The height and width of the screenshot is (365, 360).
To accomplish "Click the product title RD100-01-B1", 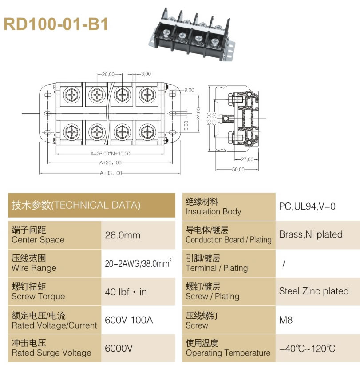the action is coord(56,24).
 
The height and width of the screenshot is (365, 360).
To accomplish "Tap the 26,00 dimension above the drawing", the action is coord(108,74).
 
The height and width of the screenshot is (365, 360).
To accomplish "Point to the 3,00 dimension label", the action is coord(146,74).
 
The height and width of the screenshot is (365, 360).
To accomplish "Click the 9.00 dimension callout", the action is coord(189,90).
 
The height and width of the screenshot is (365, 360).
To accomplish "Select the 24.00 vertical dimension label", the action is coord(198,114).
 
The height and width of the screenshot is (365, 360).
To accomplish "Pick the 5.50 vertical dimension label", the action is coord(186,126).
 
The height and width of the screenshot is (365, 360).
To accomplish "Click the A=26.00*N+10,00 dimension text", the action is coord(110,154).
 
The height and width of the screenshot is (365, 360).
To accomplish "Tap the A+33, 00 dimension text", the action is coord(111,173).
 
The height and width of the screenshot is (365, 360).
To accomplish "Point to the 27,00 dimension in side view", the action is coord(247,159).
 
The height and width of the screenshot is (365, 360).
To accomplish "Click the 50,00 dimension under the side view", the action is coord(238,169).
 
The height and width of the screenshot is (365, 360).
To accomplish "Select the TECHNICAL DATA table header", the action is coord(76,205).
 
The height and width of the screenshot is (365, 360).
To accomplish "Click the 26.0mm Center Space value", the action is coord(123,235).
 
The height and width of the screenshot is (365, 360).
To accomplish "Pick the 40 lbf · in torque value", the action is coord(126,292).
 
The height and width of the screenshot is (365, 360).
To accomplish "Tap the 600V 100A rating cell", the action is coord(129,320).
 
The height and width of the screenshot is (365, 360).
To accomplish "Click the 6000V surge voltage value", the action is coord(119,349).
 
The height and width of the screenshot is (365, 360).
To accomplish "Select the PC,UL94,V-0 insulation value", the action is coord(307,206).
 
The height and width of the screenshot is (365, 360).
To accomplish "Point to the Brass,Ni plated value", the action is coord(311,234).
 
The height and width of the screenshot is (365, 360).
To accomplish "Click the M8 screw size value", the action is coord(285,320).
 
